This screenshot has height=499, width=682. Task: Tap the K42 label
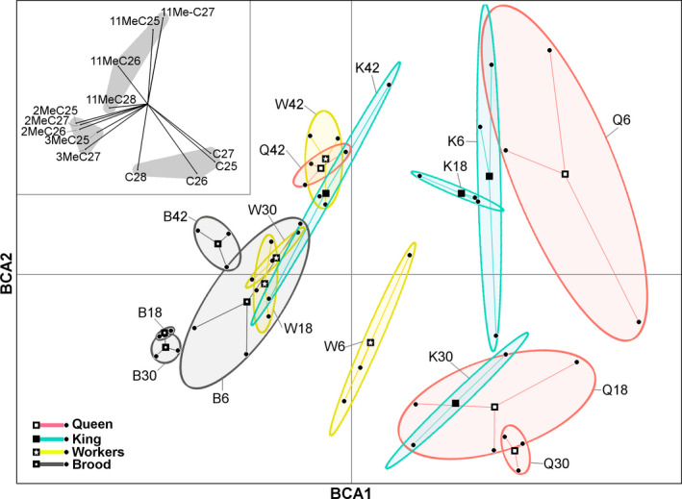[x=367, y=67]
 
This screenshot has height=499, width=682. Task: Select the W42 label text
[x=290, y=104]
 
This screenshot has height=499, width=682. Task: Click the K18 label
[x=456, y=165]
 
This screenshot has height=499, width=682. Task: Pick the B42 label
[x=176, y=215]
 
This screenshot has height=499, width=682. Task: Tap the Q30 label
[x=555, y=463]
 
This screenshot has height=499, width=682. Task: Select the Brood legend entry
[x=91, y=464]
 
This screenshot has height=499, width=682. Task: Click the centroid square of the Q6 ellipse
[x=566, y=174]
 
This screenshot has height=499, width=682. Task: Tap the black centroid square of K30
[x=455, y=403]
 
